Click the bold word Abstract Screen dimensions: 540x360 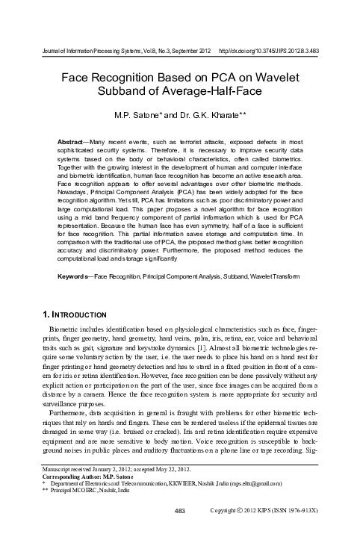pyautogui.click(x=73, y=140)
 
